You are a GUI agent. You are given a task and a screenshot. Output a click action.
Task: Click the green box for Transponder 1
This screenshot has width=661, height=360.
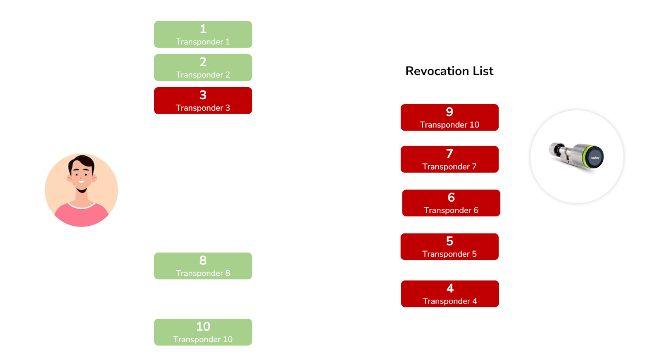click(203, 35)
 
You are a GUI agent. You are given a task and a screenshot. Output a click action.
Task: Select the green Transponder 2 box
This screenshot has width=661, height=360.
click(203, 68)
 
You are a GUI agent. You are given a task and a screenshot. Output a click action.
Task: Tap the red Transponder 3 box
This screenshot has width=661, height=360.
click(203, 101)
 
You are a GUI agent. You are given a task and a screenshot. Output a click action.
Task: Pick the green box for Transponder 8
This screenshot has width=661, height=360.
click(203, 266)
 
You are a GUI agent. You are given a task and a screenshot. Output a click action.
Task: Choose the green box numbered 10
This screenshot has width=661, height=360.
click(203, 332)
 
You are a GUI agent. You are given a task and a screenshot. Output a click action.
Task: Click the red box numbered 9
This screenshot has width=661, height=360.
click(450, 117)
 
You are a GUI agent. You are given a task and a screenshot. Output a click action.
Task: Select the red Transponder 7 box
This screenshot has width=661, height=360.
click(450, 160)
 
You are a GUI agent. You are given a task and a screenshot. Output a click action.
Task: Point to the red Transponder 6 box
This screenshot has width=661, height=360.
click(451, 203)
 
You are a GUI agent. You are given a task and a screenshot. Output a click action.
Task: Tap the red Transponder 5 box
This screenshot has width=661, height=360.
click(450, 247)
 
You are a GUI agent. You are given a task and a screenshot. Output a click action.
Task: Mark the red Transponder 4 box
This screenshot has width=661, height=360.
click(450, 294)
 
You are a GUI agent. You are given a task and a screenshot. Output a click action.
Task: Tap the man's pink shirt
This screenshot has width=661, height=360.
click(81, 215)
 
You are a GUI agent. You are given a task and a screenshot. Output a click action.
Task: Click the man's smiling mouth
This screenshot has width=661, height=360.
click(81, 181)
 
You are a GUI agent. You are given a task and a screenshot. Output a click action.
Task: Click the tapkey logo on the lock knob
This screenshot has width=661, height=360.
click(595, 158)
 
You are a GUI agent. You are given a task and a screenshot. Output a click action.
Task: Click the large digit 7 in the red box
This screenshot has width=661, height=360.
click(449, 154)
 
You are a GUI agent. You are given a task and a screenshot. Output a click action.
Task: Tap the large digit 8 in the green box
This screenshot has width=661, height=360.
click(203, 260)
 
